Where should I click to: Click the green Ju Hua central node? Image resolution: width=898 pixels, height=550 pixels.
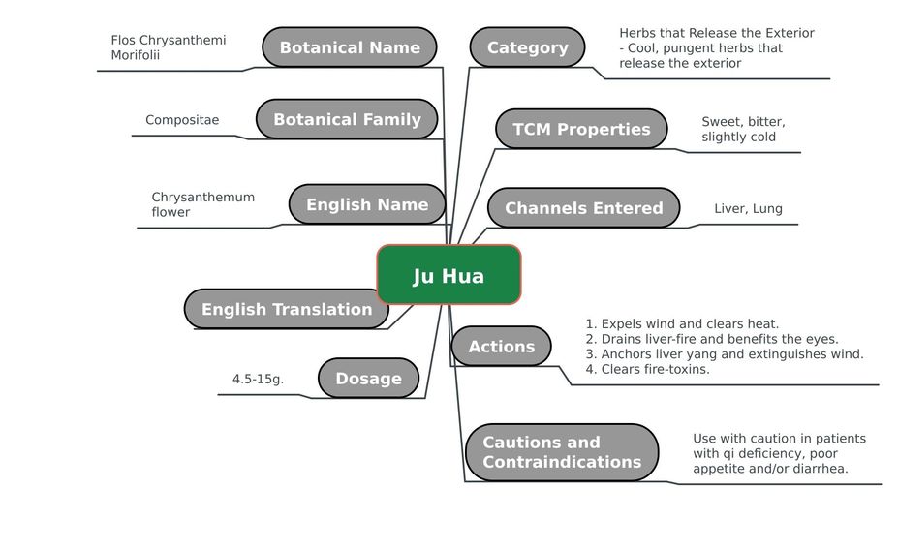[449, 275]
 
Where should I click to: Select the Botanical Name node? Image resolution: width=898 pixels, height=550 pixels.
[350, 46]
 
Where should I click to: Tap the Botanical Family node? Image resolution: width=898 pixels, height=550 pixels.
[347, 119]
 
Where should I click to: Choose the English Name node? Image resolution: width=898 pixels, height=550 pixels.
[367, 204]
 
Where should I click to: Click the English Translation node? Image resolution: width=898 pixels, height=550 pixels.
[287, 309]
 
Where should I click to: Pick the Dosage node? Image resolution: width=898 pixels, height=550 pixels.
[368, 379]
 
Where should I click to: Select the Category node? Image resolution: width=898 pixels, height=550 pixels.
[527, 46]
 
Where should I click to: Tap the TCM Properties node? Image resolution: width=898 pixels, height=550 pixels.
[581, 129]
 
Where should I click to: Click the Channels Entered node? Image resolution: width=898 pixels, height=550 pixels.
[583, 208]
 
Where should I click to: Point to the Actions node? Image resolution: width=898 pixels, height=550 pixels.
[501, 347]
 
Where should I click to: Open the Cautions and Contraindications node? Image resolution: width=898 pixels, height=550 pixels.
[562, 452]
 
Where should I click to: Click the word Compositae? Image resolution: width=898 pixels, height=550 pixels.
[182, 120]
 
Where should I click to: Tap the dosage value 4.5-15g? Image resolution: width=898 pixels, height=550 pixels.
[258, 379]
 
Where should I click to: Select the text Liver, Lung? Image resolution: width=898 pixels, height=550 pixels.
[748, 209]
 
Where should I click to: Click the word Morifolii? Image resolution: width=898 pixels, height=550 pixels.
[136, 55]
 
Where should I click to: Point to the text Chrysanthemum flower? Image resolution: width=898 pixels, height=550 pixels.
[203, 204]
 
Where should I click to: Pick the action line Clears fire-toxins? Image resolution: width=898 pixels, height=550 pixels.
[647, 369]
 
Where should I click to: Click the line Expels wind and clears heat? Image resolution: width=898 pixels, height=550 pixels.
[682, 324]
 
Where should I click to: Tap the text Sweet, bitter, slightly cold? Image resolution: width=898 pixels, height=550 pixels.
[743, 130]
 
